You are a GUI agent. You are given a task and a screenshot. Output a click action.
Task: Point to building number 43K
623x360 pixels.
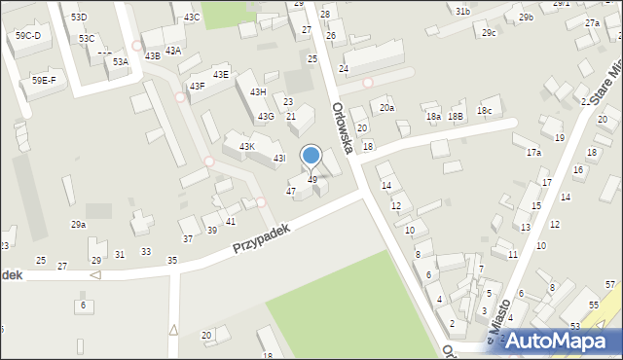click(246, 147)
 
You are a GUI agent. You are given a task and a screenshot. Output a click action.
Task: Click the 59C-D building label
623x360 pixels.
click(28, 36)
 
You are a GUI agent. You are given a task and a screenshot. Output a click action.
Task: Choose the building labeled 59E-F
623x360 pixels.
click(44, 80)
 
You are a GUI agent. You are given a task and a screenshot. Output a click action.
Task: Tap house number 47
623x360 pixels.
click(290, 192)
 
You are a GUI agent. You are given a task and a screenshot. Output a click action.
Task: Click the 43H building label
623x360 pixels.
click(258, 91)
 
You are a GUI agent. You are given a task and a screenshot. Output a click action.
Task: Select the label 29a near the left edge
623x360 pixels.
click(78, 225)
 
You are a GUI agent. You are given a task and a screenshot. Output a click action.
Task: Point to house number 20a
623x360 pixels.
click(387, 108)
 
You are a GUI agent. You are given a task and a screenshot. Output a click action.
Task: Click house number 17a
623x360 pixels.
click(533, 153)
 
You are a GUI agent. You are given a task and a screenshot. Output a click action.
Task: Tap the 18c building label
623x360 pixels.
click(484, 112)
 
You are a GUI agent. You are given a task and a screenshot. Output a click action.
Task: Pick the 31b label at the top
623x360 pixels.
click(462, 11)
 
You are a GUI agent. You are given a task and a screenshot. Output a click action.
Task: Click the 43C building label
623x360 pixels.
click(192, 18)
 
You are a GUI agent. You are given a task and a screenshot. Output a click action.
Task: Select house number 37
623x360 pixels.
click(187, 238)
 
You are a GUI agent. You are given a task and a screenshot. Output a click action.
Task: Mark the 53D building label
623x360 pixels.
click(79, 18)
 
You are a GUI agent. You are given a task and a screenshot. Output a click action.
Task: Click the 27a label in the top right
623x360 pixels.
click(592, 22)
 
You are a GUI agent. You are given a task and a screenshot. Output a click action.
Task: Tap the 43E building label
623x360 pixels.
click(221, 74)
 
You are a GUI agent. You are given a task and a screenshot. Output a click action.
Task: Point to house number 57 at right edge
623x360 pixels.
click(610, 284)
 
